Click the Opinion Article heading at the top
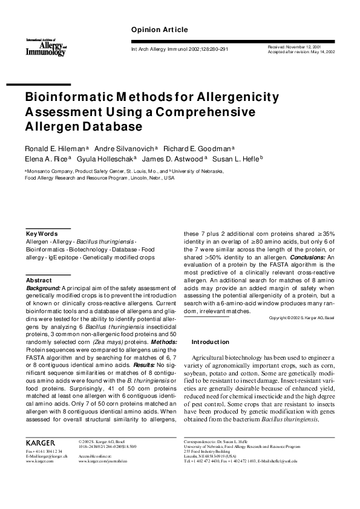click(x=159, y=30)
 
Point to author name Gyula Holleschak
click(x=109, y=159)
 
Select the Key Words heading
click(x=41, y=233)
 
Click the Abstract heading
click(x=39, y=280)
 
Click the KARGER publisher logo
click(x=41, y=443)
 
